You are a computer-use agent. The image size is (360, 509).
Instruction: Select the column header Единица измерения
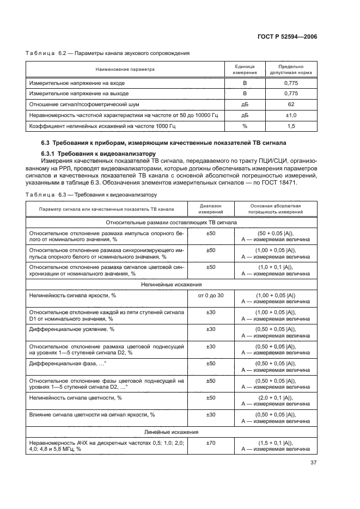245,69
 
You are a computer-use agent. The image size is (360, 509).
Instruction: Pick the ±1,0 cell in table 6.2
291,115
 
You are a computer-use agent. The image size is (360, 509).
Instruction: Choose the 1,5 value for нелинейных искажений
291,126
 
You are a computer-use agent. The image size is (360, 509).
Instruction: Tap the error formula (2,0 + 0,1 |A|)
276,398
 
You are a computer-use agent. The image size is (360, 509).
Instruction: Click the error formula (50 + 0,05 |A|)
276,233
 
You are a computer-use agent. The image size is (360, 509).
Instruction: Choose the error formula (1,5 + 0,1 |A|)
276,443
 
